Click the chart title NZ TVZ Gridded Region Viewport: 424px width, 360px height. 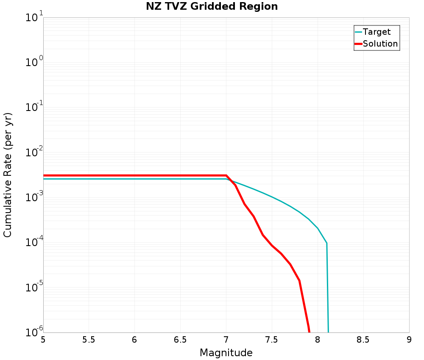(212, 6)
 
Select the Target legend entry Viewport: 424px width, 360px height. (377, 32)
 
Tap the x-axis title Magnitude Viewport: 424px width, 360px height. (226, 352)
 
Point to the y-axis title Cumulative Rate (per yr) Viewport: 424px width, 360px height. (8, 175)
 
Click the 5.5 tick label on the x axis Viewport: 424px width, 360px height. (89, 340)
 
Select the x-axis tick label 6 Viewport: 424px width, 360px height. (134, 340)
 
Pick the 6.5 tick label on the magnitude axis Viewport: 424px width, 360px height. (180, 340)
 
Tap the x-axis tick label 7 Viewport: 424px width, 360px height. (226, 340)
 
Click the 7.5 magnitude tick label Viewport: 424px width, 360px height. (272, 340)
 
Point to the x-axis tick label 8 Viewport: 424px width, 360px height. (318, 340)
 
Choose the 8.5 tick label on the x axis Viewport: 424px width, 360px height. (363, 340)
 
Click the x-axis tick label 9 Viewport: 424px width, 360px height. (409, 340)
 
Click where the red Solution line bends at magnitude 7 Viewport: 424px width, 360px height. (226, 175)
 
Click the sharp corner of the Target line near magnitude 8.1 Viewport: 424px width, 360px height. (326, 243)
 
